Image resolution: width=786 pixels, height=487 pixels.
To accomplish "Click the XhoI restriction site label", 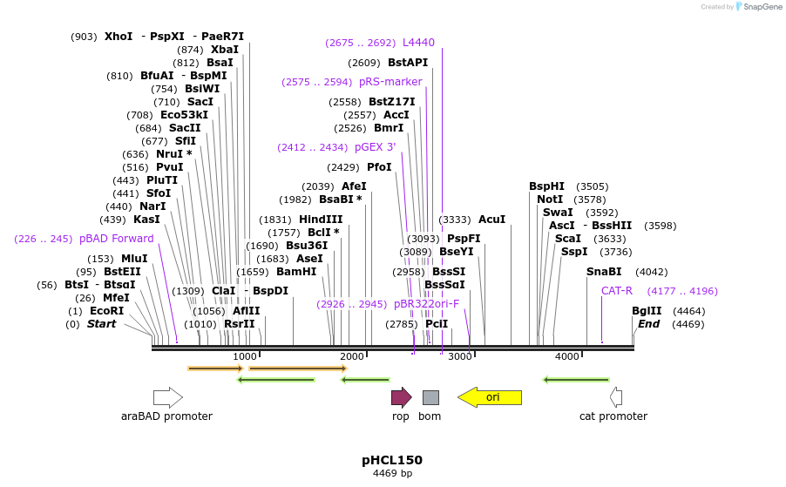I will point(119,37).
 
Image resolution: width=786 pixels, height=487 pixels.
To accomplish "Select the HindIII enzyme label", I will point(322,220).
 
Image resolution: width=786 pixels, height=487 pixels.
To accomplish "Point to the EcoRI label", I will point(107,311).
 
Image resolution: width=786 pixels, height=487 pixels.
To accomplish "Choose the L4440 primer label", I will point(418,43).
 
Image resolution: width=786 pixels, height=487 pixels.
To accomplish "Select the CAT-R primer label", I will point(617,291).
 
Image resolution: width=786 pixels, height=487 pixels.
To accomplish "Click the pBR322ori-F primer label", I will point(426,304).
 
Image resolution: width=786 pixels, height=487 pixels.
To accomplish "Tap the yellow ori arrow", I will point(490,398).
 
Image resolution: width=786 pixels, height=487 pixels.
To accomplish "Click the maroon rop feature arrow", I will point(401,398).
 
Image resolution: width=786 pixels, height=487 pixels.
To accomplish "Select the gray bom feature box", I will point(430,398).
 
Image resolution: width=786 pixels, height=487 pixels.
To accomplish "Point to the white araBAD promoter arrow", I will point(167,398).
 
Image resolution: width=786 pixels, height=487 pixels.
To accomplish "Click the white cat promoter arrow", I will point(615,398).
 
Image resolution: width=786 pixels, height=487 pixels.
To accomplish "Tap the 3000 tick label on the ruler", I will point(459,356).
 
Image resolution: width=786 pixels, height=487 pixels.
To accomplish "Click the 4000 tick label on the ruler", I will point(567,356).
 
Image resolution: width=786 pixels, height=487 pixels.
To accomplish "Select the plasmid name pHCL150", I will point(392,460).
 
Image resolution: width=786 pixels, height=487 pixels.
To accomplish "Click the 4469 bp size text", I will point(392,474).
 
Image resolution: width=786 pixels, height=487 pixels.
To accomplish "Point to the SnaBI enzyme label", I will point(604,272).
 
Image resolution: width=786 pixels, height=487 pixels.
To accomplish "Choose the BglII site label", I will point(647,311).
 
